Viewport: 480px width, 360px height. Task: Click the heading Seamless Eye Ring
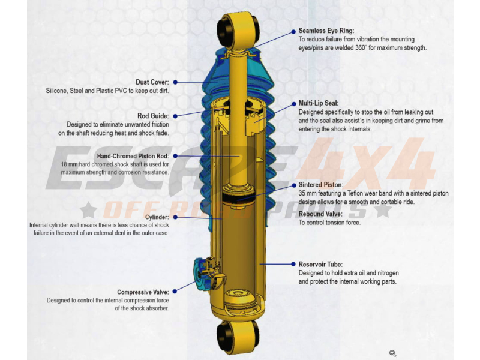(x=326, y=31)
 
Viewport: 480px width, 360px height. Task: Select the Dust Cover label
(x=152, y=82)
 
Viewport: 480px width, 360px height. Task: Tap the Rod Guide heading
(x=153, y=116)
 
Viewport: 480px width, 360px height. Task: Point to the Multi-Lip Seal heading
(x=321, y=103)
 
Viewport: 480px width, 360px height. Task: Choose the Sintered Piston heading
(x=321, y=185)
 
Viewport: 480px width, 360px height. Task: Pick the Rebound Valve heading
(x=320, y=214)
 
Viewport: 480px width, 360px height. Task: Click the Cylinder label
(x=157, y=217)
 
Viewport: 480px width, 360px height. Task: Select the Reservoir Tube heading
(x=321, y=263)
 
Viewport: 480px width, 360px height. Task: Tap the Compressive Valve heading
(x=143, y=292)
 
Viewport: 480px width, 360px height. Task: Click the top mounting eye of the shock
(x=239, y=28)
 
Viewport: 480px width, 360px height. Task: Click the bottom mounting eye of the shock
(x=238, y=332)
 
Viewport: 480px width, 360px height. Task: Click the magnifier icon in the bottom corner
(x=392, y=353)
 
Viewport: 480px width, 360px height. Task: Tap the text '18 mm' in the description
(x=70, y=164)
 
